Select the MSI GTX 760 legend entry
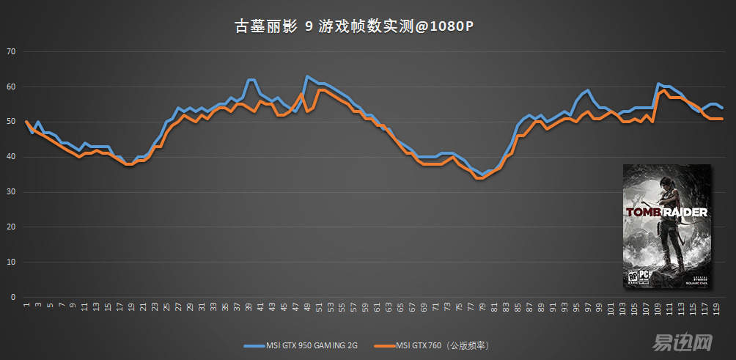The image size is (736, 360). tap(433, 345)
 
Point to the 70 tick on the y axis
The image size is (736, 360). tap(10, 51)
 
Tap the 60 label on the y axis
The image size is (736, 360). tap(10, 87)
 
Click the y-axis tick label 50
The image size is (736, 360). tap(10, 122)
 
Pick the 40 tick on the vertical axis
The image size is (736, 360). tap(10, 157)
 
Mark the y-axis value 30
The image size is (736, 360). tap(10, 192)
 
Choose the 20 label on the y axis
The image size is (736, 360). tap(10, 227)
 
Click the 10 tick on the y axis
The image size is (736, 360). tap(10, 262)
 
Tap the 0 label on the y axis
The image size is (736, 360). tap(12, 298)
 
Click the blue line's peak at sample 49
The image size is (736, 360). tap(307, 76)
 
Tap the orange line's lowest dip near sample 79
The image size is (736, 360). tap(479, 178)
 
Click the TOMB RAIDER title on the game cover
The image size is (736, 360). tap(666, 213)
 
